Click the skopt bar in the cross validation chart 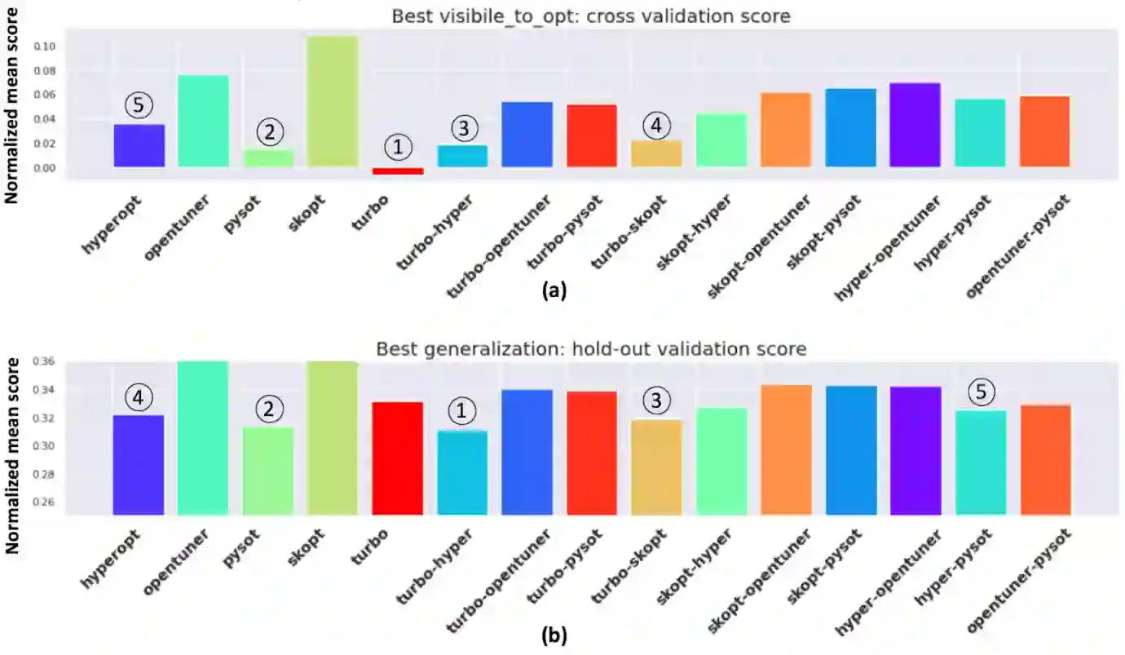pyautogui.click(x=333, y=101)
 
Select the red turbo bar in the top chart pyautogui.click(x=398, y=170)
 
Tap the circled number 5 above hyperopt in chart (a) pyautogui.click(x=139, y=105)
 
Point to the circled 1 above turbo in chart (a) pyautogui.click(x=398, y=147)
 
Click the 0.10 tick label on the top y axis pyautogui.click(x=45, y=46)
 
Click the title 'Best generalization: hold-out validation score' pyautogui.click(x=591, y=349)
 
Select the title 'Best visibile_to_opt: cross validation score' pyautogui.click(x=591, y=15)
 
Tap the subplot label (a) pyautogui.click(x=554, y=291)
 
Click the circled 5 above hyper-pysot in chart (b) pyautogui.click(x=981, y=392)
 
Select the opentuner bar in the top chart pyautogui.click(x=203, y=121)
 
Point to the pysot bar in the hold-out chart pyautogui.click(x=268, y=471)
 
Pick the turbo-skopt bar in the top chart pyautogui.click(x=657, y=153)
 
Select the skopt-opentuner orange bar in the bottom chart pyautogui.click(x=786, y=449)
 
